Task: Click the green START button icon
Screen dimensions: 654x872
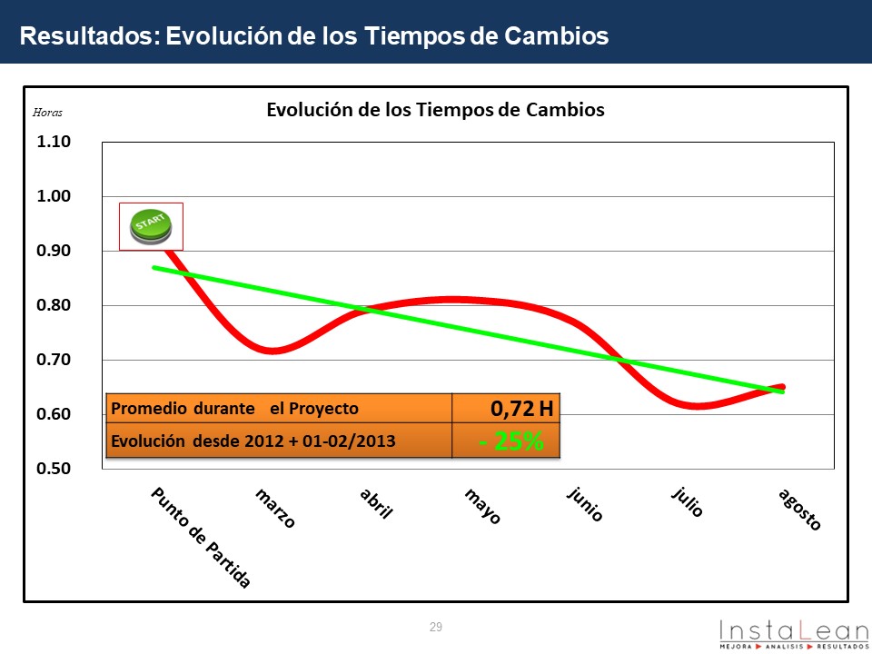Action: (x=152, y=226)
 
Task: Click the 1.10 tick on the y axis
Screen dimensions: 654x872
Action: (x=54, y=142)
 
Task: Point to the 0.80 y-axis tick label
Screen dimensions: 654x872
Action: (x=54, y=305)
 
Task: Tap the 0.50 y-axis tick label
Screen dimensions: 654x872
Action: (x=54, y=469)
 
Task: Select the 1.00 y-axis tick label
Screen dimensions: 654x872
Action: (x=54, y=196)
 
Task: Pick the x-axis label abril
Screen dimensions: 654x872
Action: (x=376, y=502)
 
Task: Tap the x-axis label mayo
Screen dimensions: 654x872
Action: (x=482, y=506)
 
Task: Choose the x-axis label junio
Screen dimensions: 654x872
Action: (x=585, y=504)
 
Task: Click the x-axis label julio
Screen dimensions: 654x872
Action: (x=688, y=501)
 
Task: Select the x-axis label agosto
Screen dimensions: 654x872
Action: (x=800, y=510)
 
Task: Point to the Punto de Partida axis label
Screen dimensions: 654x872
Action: (x=200, y=537)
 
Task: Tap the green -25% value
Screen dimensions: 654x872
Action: (x=511, y=441)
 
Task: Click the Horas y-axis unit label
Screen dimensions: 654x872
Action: (x=48, y=114)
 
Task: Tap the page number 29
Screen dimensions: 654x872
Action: (x=436, y=627)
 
